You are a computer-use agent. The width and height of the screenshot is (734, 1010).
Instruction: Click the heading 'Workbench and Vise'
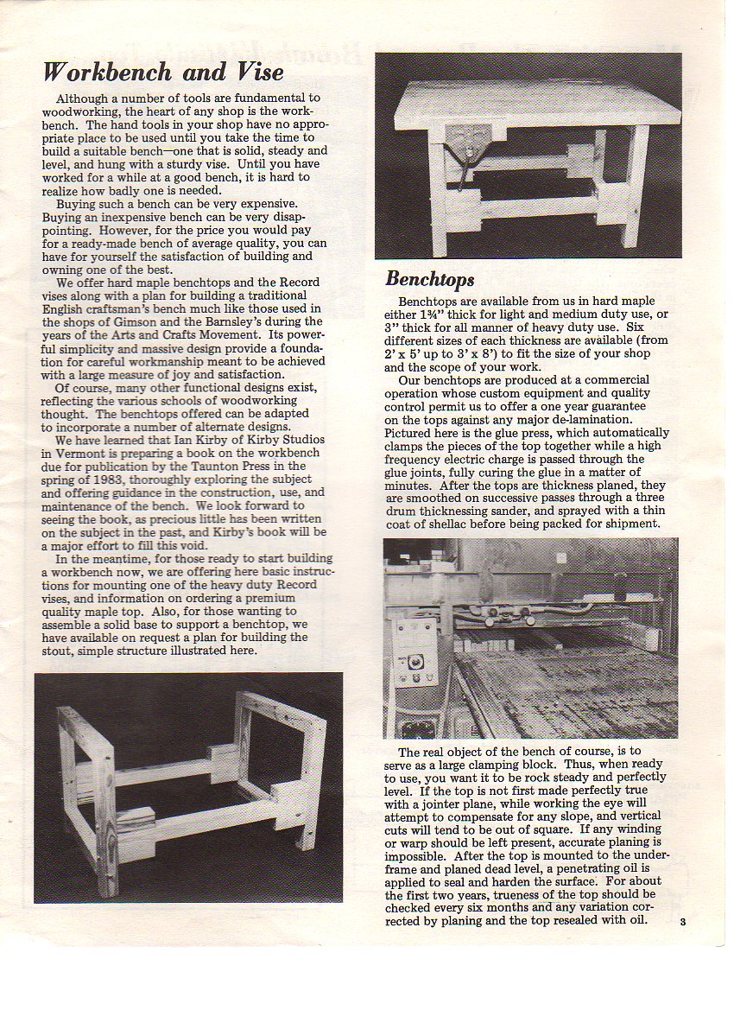click(163, 71)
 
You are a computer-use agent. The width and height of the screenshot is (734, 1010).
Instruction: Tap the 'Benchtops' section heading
click(429, 279)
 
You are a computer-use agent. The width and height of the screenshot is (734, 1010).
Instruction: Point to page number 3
click(682, 922)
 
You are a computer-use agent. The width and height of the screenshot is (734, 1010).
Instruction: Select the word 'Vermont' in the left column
click(75, 452)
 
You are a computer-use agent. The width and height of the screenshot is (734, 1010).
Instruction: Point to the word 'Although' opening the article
click(84, 98)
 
